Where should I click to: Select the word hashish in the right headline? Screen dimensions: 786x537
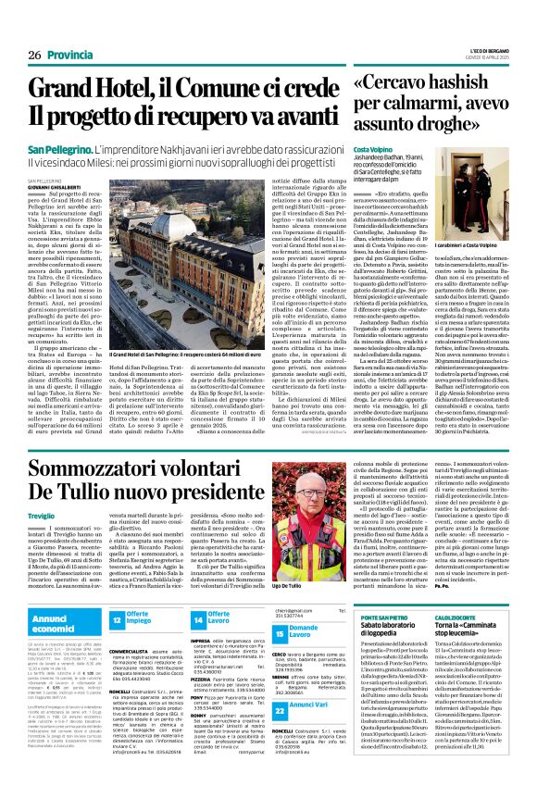(x=466, y=83)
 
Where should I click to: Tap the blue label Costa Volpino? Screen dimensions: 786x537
(x=372, y=148)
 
